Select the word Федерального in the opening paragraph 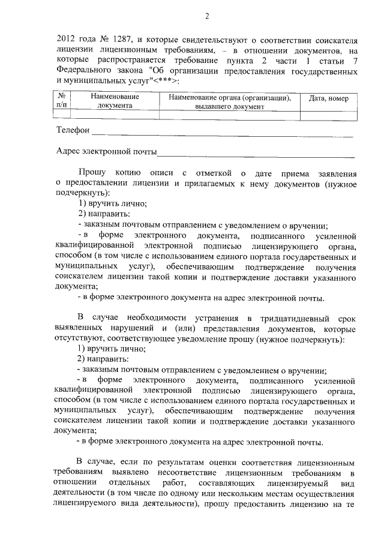[82, 72]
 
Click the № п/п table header [62, 101]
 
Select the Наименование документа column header [115, 101]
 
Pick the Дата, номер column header [328, 98]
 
